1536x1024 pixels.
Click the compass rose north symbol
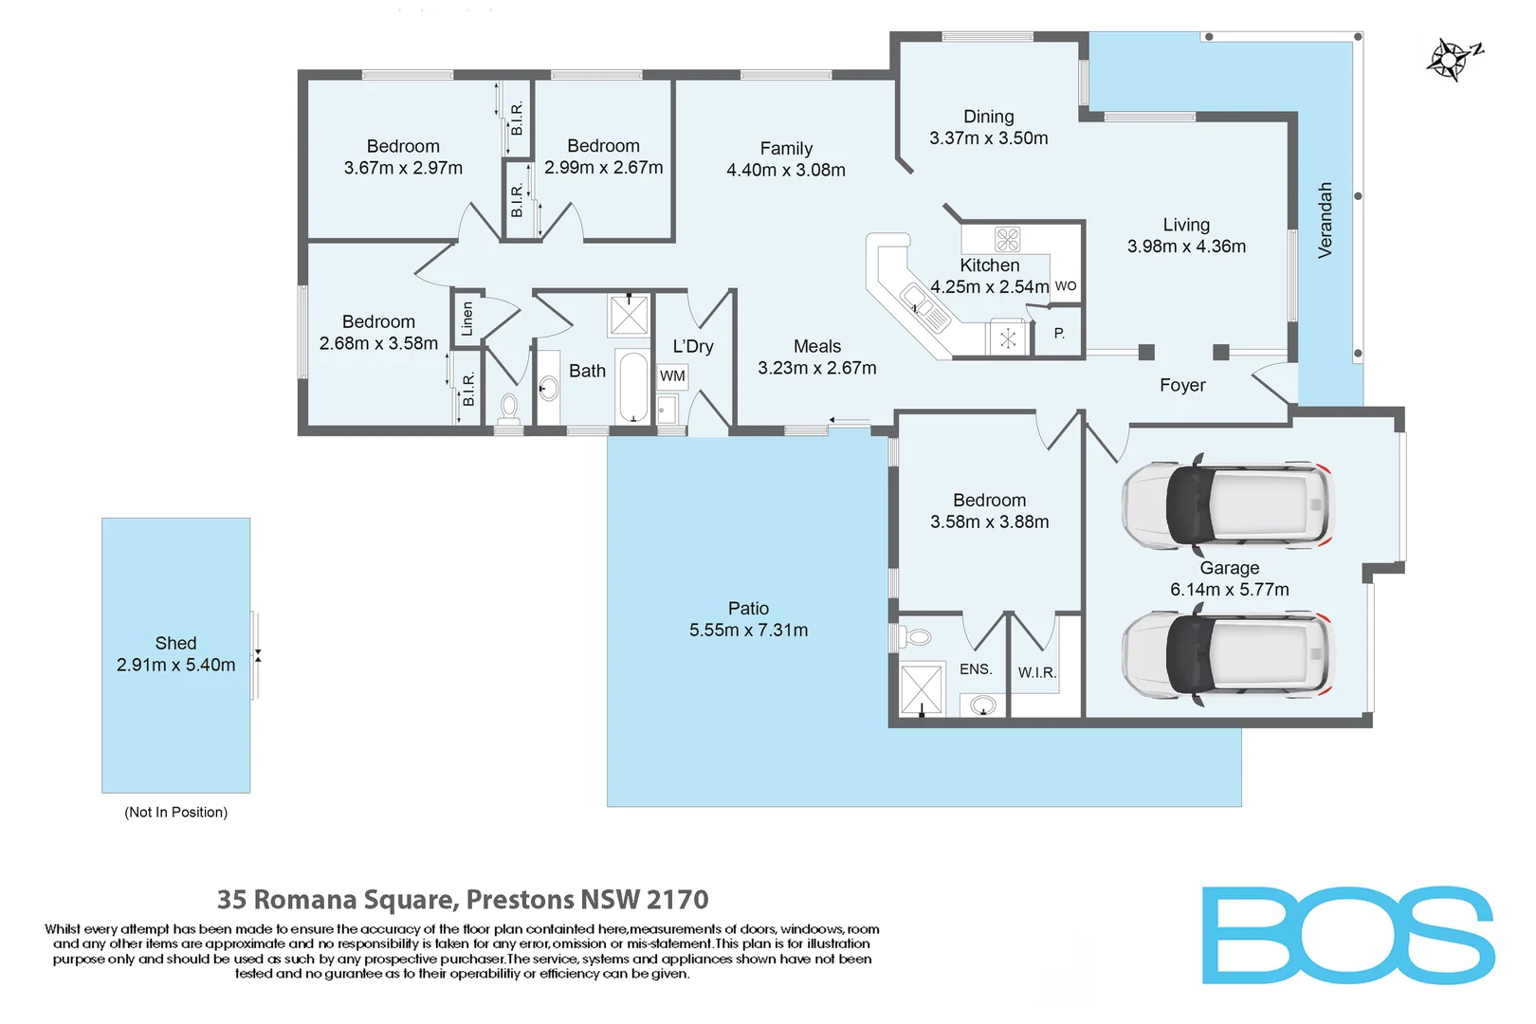coord(1452,60)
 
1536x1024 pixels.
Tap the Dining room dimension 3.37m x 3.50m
coord(988,138)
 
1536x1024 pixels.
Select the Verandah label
coord(1325,220)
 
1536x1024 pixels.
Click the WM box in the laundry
coord(672,376)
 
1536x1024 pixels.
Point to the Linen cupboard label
coord(466,319)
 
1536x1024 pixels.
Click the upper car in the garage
coord(1229,505)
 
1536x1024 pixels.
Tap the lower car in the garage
coord(1229,656)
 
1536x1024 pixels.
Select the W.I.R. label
coord(1036,672)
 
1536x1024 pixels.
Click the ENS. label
coord(976,669)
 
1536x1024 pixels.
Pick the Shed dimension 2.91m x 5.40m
coord(175,665)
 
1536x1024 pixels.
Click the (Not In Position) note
coord(175,813)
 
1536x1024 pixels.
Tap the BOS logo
coord(1347,936)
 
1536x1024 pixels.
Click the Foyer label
coord(1182,385)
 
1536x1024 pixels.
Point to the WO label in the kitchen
coord(1066,285)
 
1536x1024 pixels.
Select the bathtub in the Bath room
coord(632,387)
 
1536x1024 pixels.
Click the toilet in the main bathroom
coord(509,408)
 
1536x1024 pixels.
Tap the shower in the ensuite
coord(921,688)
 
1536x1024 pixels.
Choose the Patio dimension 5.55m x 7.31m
coord(748,631)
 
